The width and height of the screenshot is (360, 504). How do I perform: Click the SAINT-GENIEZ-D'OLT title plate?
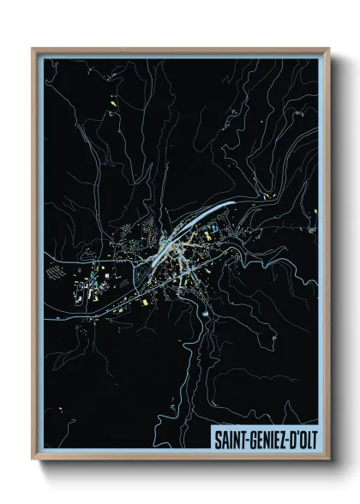265,436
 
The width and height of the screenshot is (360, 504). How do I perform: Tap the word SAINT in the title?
231,436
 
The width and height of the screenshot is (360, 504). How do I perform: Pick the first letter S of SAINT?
218,436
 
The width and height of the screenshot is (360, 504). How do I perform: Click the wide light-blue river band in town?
194,228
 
